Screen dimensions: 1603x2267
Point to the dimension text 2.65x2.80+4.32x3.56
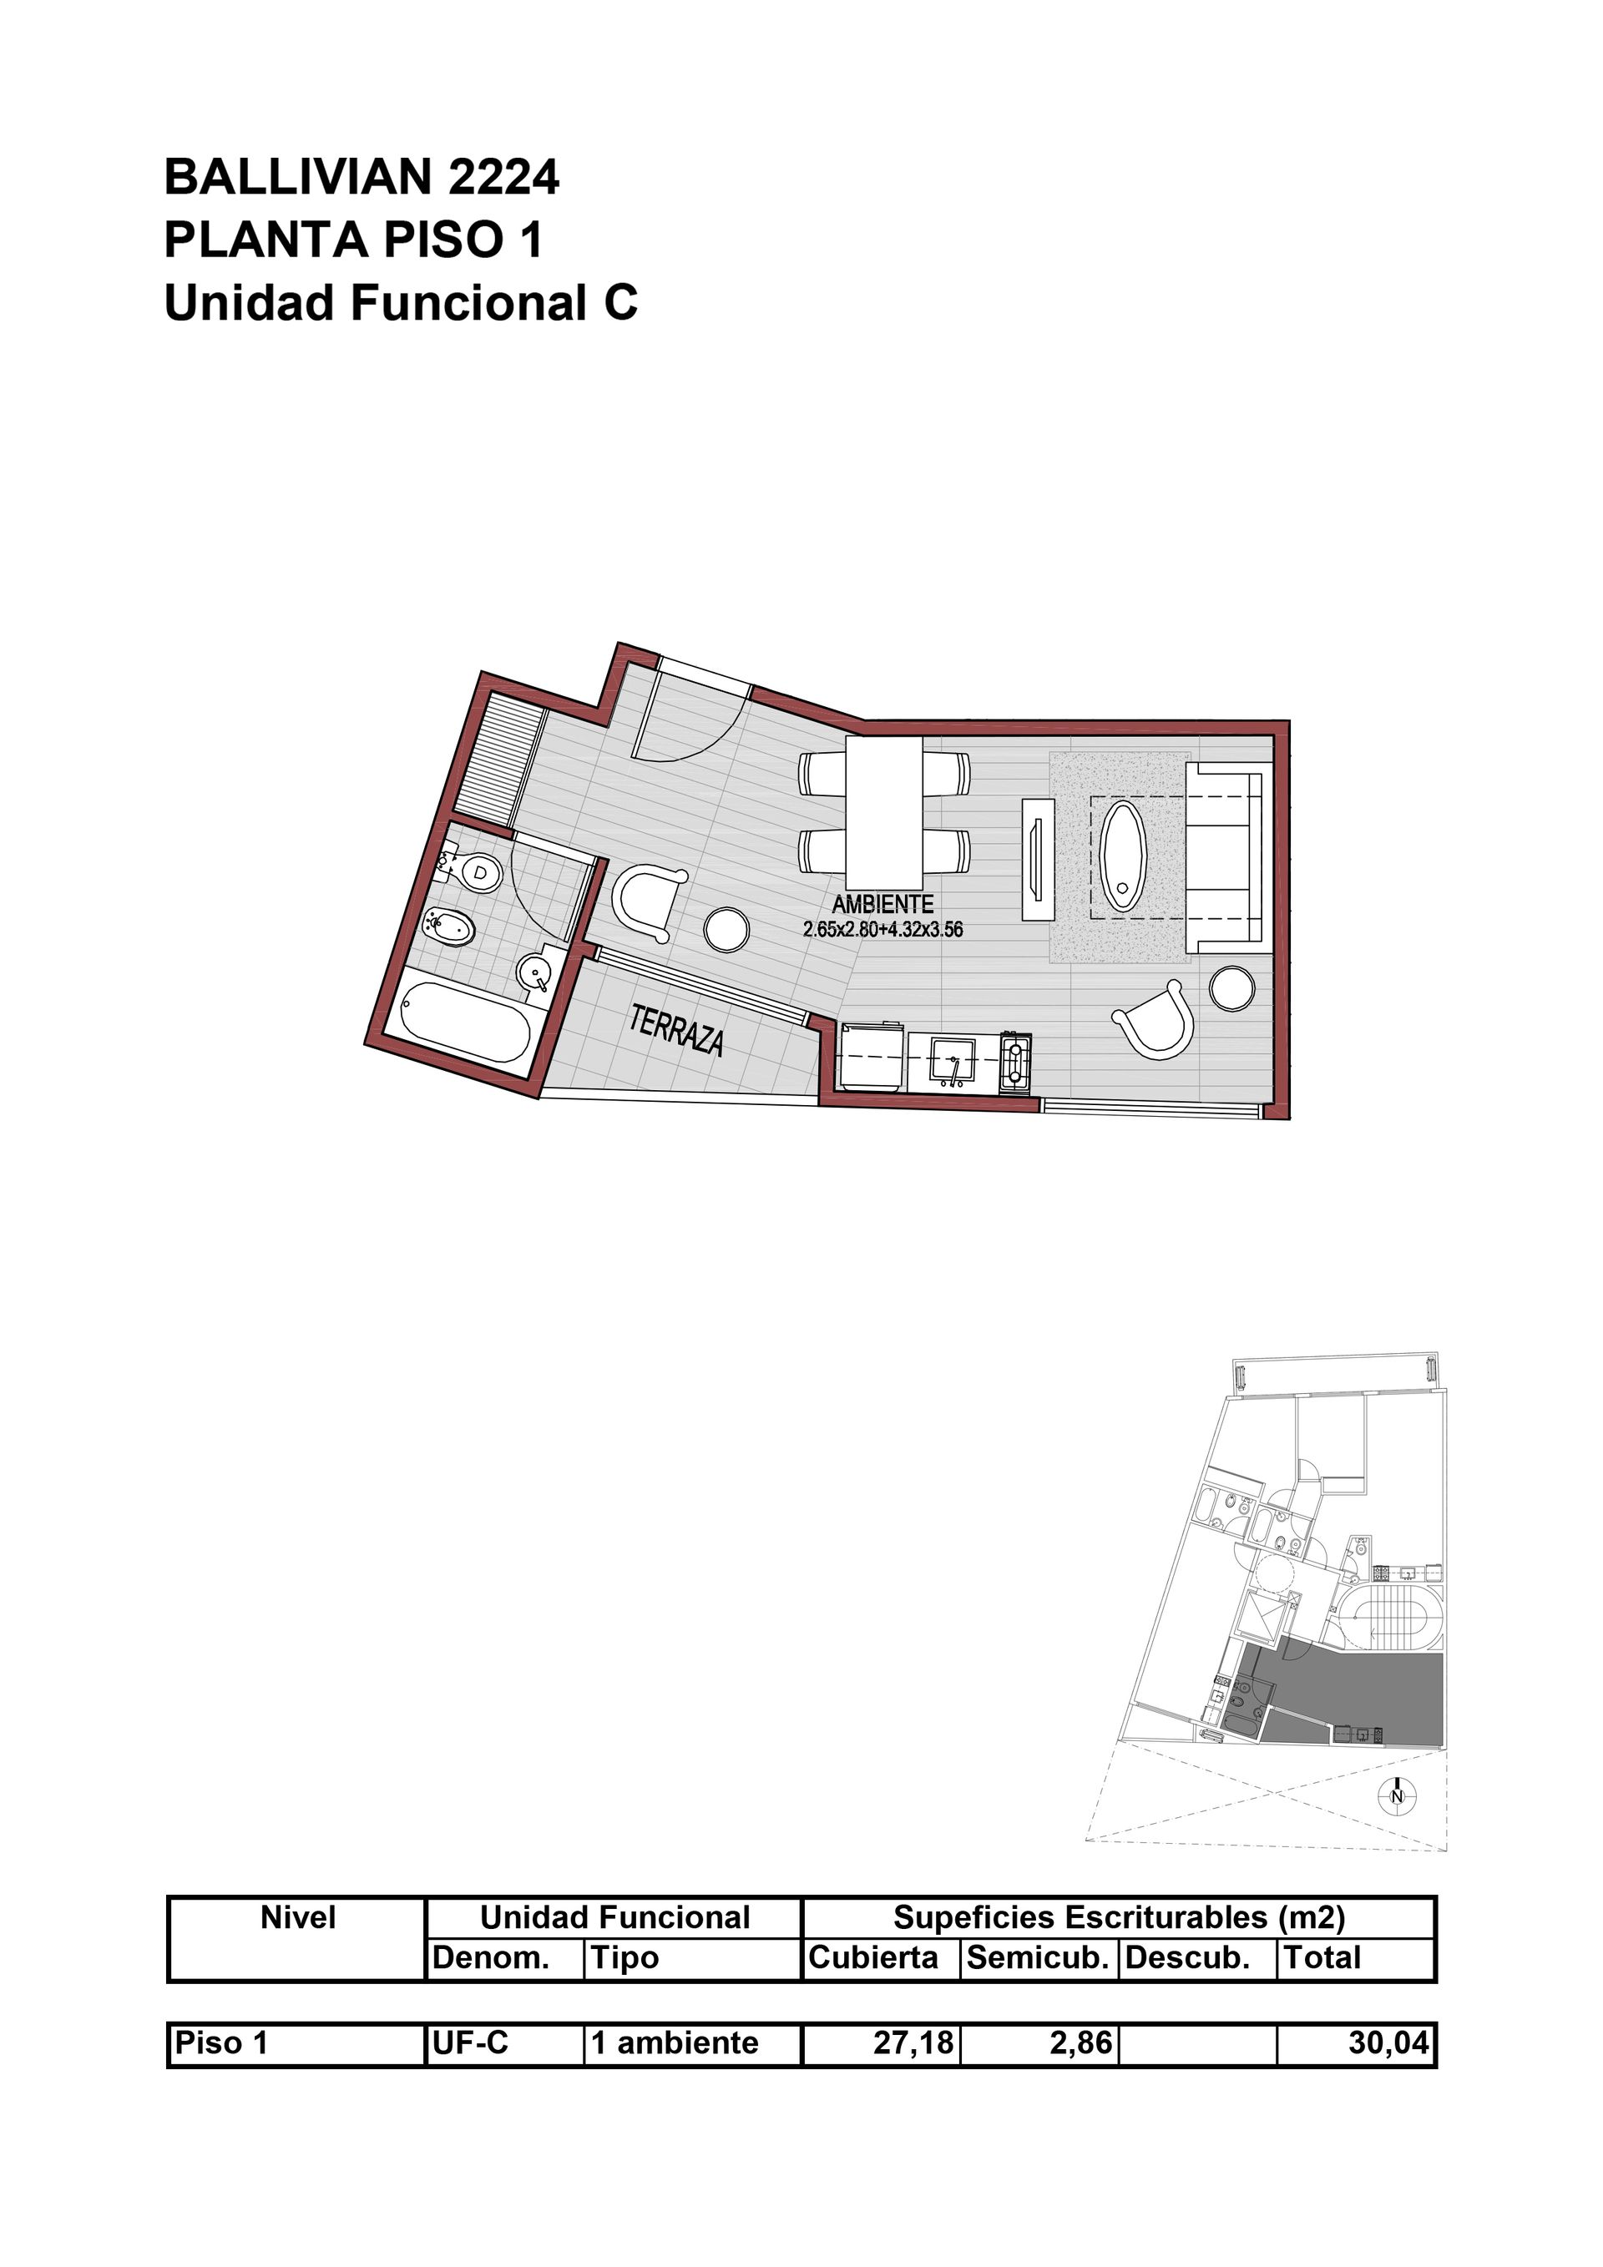pos(883,929)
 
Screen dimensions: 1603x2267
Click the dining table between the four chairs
pos(884,813)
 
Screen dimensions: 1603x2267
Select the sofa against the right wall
pos(1226,857)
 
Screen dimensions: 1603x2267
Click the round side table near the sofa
pos(1232,987)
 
